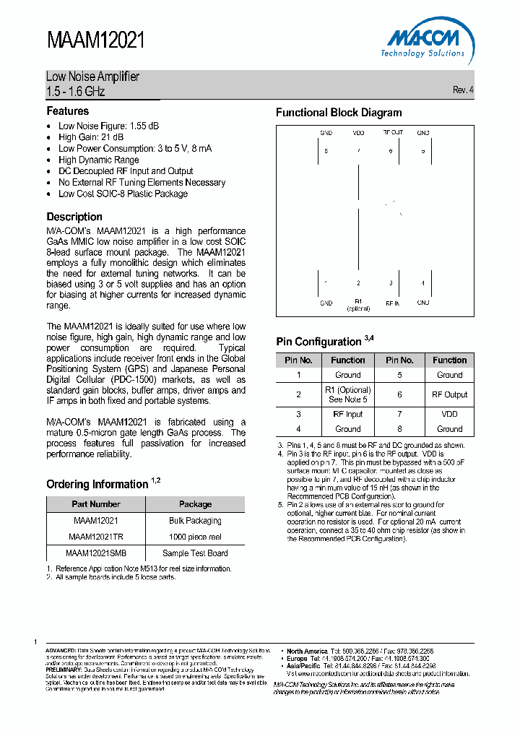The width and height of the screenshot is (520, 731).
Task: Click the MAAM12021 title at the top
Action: pos(96,41)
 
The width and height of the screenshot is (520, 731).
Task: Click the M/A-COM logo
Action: pos(422,42)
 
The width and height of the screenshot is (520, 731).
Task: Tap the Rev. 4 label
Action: pos(463,90)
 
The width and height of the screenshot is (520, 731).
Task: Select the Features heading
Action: pos(68,111)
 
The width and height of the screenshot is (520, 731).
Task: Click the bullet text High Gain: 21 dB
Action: pos(91,137)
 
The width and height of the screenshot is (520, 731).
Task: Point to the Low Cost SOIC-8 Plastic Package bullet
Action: pos(123,194)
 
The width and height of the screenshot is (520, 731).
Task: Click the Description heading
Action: pos(74,217)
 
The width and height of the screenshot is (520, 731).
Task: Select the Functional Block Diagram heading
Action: pos(339,113)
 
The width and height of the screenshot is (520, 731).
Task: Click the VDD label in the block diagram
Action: pos(358,133)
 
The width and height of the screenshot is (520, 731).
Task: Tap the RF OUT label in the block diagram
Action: pos(392,133)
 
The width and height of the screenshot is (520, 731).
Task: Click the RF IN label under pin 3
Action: pos(392,303)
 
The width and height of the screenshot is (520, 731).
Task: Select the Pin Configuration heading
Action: pos(318,342)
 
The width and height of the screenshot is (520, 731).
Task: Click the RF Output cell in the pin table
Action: pos(449,394)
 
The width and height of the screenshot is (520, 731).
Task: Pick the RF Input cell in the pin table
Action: pos(347,415)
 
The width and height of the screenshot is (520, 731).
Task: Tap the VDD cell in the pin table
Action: pos(449,415)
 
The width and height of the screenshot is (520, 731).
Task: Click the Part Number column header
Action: pos(96,504)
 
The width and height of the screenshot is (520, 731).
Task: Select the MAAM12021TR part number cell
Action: pos(96,537)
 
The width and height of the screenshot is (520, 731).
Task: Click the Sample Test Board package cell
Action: pos(195,553)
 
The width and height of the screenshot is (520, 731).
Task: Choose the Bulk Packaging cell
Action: pos(195,521)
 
